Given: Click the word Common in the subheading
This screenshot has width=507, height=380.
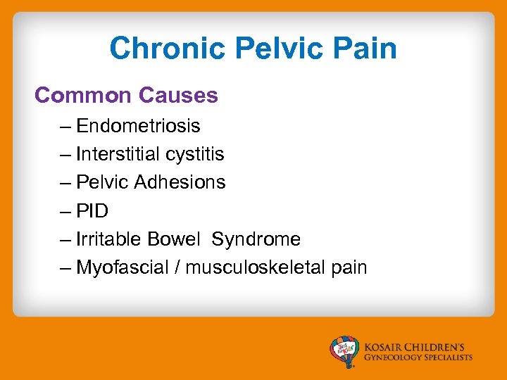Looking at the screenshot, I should (x=84, y=95).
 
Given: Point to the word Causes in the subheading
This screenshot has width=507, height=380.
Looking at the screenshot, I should (x=179, y=95).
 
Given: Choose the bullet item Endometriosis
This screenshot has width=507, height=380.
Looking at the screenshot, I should (x=138, y=126).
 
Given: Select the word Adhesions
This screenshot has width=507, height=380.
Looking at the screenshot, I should (x=180, y=182).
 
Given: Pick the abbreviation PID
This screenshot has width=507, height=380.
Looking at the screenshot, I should (x=92, y=211).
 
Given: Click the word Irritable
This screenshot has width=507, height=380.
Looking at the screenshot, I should (x=109, y=239).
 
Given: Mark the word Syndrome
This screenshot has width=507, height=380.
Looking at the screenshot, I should (x=256, y=239).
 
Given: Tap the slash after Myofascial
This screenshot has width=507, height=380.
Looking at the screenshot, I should (x=177, y=267).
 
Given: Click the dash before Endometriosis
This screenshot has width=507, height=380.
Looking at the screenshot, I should (x=66, y=127).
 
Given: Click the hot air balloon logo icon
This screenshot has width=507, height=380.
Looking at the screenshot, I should (x=345, y=351).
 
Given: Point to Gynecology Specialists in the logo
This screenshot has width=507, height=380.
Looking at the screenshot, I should (x=418, y=357).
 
